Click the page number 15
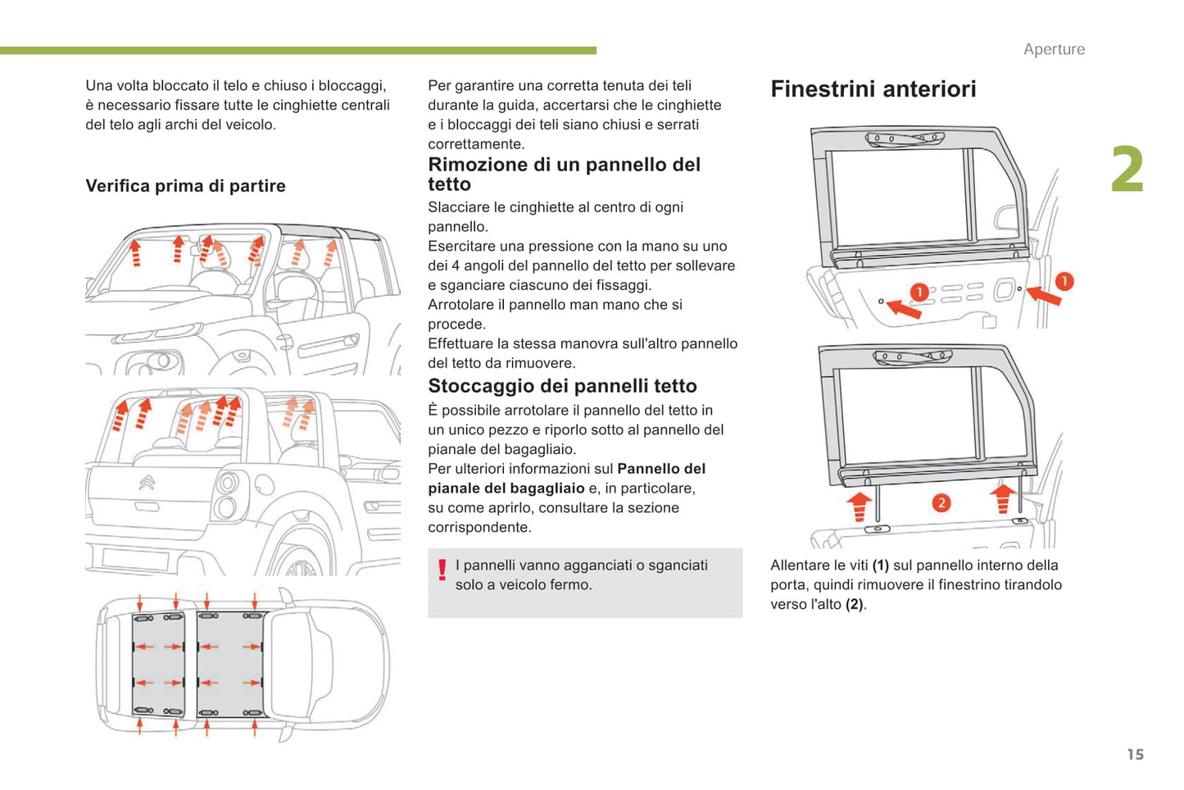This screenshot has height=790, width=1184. pos(1135,754)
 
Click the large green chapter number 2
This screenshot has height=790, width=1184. pos(1127,170)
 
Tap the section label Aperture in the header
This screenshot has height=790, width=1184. pos(1054,49)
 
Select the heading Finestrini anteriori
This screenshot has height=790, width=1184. pos(873,89)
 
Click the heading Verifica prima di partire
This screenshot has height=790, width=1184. pos(185,186)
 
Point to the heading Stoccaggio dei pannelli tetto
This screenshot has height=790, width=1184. pos(562,386)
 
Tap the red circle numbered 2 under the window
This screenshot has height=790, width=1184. pos(941,502)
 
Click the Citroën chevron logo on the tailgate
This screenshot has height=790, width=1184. pos(147,484)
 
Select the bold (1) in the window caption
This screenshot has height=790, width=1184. pos(880,565)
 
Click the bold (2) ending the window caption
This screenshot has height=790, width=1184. pos(855,605)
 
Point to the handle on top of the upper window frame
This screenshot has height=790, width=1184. pos(905,139)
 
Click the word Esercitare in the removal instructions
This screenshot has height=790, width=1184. pos(462,247)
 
